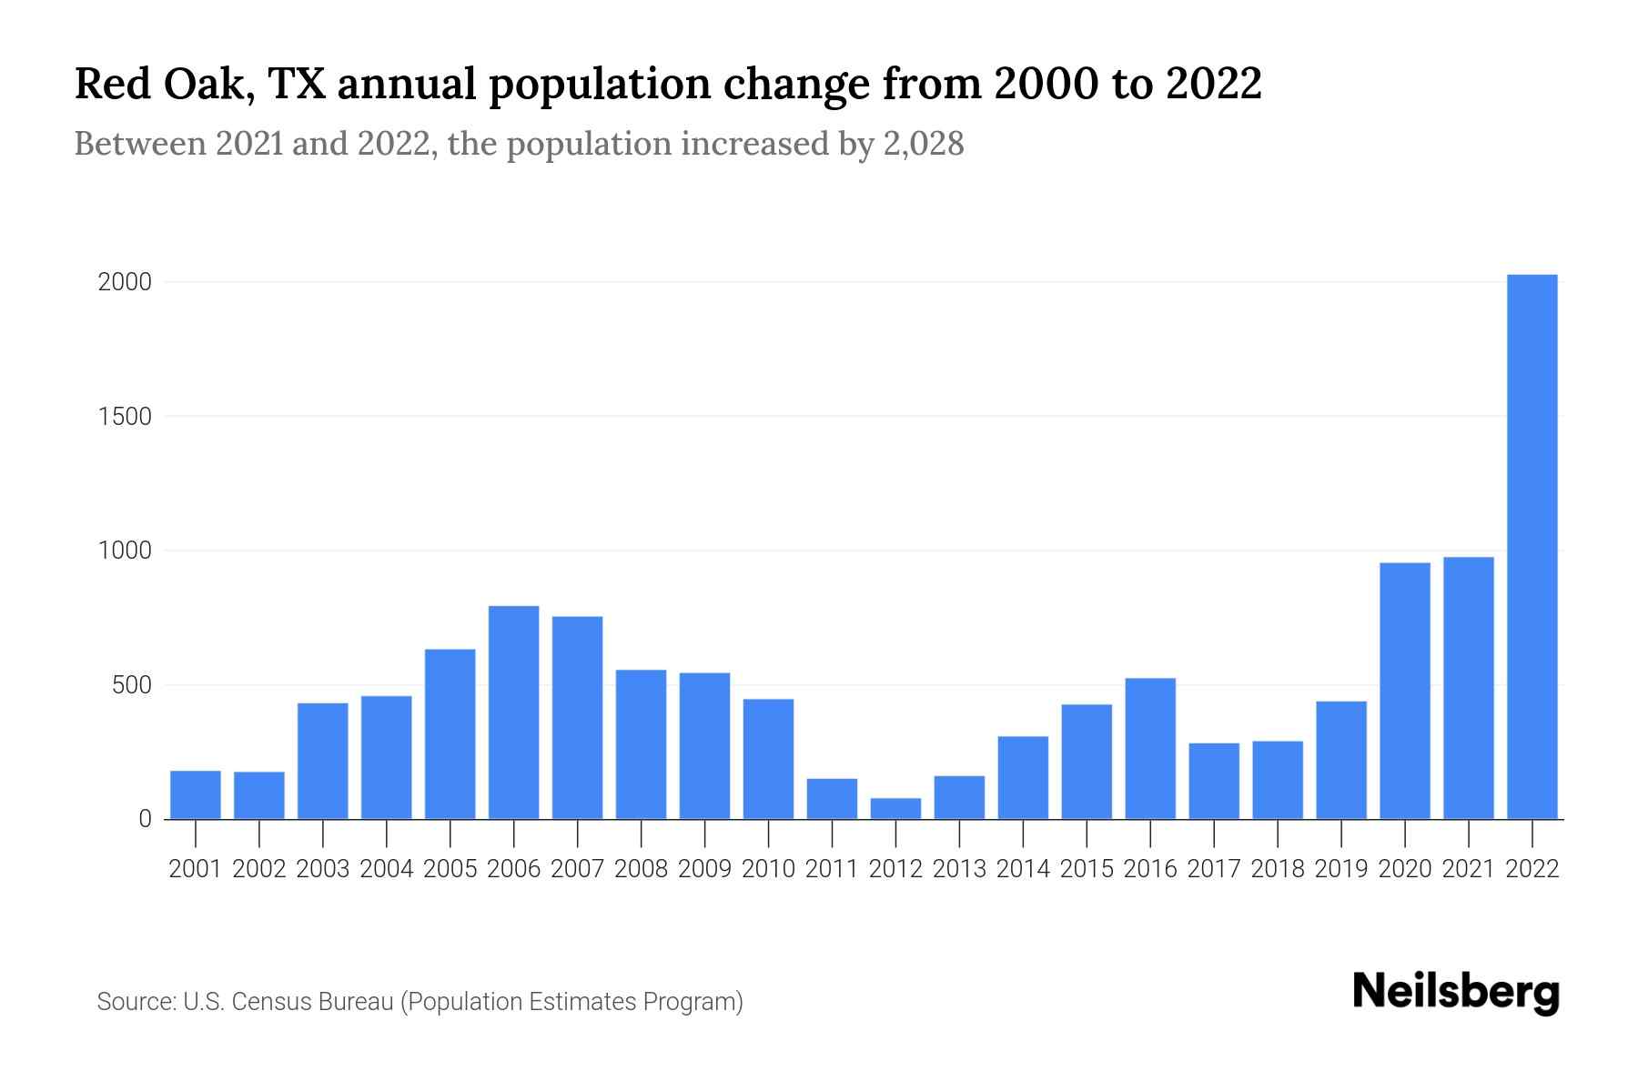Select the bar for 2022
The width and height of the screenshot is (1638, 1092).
pyautogui.click(x=1532, y=546)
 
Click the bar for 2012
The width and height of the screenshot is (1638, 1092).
pyautogui.click(x=895, y=809)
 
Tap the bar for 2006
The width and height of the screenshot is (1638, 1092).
pyautogui.click(x=513, y=713)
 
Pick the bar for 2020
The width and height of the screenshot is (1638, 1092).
pyautogui.click(x=1404, y=691)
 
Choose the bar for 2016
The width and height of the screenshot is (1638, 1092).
pyautogui.click(x=1150, y=748)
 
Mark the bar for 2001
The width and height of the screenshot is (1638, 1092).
pyautogui.click(x=196, y=794)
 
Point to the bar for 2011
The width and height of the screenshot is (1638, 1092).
pyautogui.click(x=832, y=799)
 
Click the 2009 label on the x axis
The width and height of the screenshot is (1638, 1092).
pyautogui.click(x=705, y=869)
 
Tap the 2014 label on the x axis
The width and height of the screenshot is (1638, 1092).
pyautogui.click(x=1023, y=869)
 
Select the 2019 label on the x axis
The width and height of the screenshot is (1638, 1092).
pyautogui.click(x=1341, y=869)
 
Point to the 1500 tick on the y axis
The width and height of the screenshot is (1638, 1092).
pyautogui.click(x=125, y=417)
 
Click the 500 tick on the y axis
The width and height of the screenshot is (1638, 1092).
pyautogui.click(x=132, y=685)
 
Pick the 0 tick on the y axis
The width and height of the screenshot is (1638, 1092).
pyautogui.click(x=145, y=819)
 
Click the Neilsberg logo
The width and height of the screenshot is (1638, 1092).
pyautogui.click(x=1456, y=992)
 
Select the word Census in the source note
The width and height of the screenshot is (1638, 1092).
pyautogui.click(x=268, y=1002)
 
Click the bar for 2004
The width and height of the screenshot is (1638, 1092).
pyautogui.click(x=386, y=757)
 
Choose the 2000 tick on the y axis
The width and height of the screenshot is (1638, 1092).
pyautogui.click(x=125, y=282)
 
